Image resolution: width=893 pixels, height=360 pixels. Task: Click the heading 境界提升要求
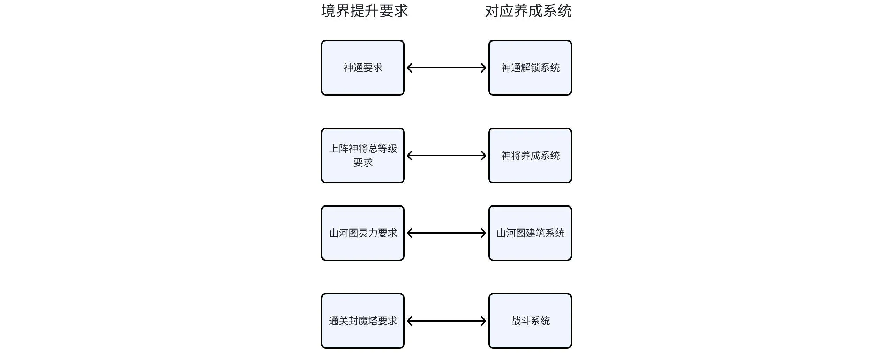pos(365,11)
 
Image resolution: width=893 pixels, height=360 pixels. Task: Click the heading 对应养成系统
pos(528,11)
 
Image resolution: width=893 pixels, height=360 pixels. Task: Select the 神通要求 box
pos(363,68)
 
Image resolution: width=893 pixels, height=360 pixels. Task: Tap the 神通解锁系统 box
pos(530,68)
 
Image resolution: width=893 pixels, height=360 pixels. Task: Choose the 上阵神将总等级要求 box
pos(363,156)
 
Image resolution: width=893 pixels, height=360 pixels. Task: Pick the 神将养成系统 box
pos(530,156)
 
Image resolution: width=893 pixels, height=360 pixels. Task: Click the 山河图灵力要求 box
pos(363,233)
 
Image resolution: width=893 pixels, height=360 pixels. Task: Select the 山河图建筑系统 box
pos(530,233)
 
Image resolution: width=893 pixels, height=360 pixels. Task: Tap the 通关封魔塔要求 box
pos(363,321)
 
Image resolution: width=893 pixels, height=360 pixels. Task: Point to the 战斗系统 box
pos(530,321)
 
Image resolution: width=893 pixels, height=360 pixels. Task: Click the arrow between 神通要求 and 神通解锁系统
pos(446,68)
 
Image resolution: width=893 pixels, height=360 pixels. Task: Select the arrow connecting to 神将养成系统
pos(446,156)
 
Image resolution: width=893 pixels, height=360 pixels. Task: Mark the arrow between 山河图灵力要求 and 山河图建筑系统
pos(446,233)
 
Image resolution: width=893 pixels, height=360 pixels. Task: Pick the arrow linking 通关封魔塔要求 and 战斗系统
pos(446,321)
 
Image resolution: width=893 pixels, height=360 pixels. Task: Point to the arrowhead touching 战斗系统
pos(483,321)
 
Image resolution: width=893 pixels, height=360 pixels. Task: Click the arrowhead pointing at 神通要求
pos(410,68)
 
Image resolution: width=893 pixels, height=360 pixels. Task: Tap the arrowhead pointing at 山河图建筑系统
pos(483,233)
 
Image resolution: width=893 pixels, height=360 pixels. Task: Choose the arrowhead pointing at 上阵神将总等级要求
pos(410,156)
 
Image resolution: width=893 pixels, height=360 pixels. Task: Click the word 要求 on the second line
pos(363,163)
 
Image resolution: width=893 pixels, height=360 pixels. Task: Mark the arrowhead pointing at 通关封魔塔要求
pos(410,321)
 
